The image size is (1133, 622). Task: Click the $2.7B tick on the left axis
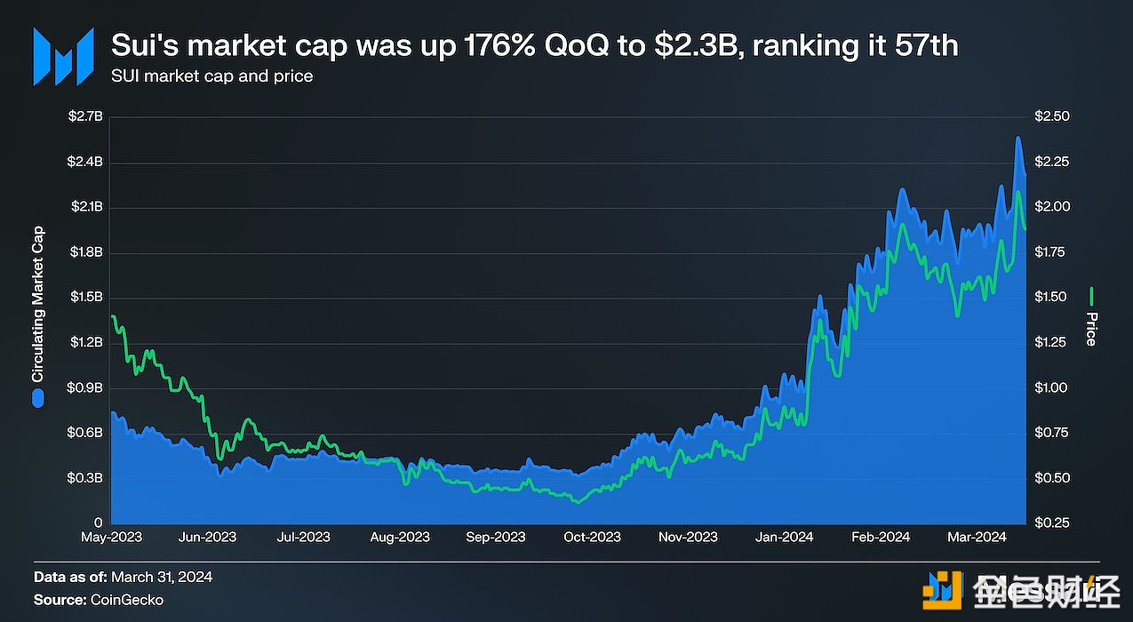coord(85,116)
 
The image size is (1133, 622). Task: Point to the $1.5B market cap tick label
coord(85,297)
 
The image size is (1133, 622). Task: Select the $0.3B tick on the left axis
coord(85,478)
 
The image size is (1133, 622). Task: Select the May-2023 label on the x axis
coord(111,538)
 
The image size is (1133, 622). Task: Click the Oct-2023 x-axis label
coord(593,538)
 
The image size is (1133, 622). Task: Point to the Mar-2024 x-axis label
coord(977,538)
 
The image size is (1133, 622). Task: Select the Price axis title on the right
coord(1091,329)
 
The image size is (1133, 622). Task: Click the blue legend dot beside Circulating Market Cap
coord(38,398)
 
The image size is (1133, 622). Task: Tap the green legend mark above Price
coord(1091,296)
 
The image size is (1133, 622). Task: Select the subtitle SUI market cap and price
coord(212,76)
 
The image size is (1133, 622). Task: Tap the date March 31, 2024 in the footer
coord(164,577)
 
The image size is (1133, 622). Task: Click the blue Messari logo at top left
coord(63,56)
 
